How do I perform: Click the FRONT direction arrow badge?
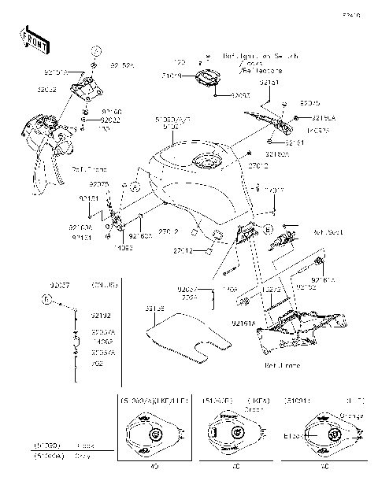[x=30, y=39]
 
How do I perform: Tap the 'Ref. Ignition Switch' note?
[x=251, y=56]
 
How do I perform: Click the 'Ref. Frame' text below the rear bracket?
[x=279, y=365]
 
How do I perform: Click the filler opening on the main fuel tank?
[x=206, y=162]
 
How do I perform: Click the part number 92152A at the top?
[x=122, y=65]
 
